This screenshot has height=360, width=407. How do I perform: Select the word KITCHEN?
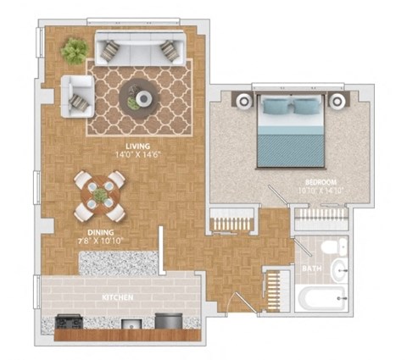117,298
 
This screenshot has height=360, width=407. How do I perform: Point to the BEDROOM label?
321,182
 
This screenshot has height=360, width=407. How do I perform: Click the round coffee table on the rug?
137,95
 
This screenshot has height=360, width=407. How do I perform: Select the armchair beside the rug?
76,95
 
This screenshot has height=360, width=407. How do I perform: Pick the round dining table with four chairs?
100,196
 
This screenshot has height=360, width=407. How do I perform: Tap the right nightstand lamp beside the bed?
337,101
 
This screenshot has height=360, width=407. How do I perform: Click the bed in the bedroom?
291,131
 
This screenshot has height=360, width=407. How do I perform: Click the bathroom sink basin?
338,271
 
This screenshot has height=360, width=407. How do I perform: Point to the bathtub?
321,298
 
